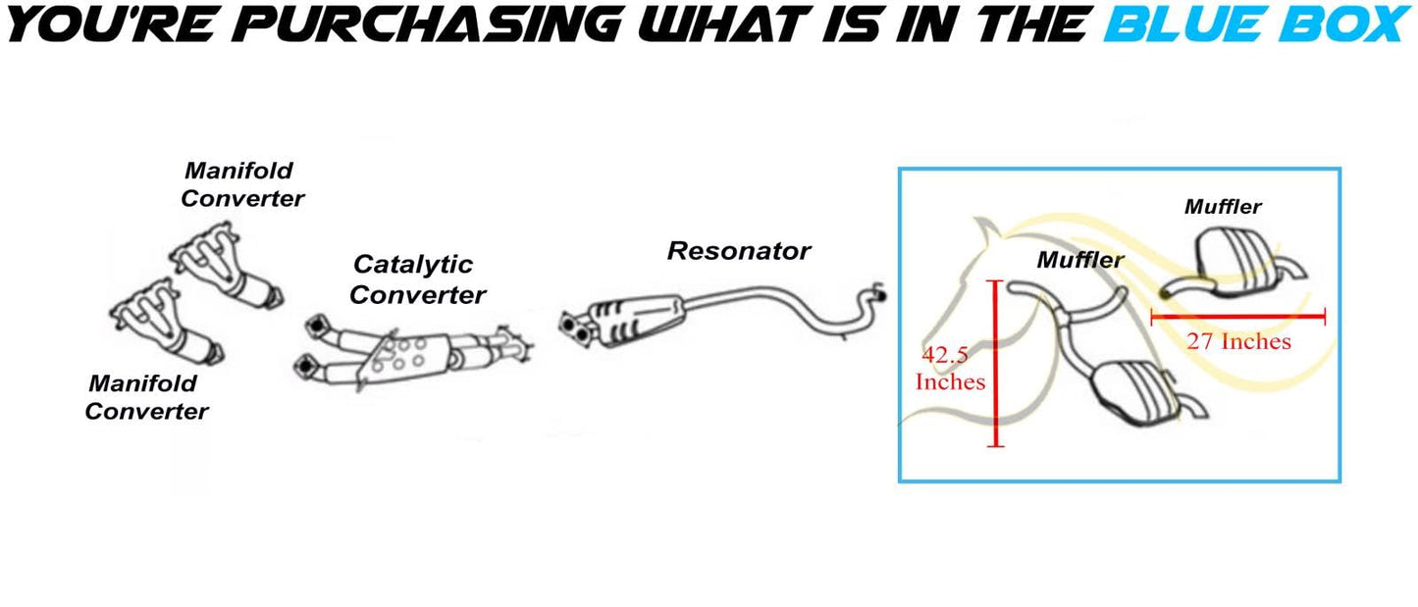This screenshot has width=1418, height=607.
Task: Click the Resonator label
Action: (x=739, y=251)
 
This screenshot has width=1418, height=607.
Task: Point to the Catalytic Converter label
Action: (x=417, y=278)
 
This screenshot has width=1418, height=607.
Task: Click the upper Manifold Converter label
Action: (x=242, y=184)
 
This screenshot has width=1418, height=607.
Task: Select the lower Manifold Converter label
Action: (x=147, y=397)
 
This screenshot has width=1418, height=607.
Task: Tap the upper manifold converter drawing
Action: (x=226, y=266)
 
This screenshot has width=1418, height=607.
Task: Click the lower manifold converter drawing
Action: (x=166, y=324)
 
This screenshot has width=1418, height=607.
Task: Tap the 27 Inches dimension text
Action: (x=1238, y=341)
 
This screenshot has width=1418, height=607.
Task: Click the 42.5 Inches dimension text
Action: (x=950, y=368)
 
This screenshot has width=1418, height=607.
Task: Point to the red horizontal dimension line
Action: (x=1237, y=316)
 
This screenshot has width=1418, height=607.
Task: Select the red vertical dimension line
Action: (x=995, y=364)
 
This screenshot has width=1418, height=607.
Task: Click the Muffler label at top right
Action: (x=1223, y=207)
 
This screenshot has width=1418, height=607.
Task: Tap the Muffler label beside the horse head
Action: (x=1080, y=260)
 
